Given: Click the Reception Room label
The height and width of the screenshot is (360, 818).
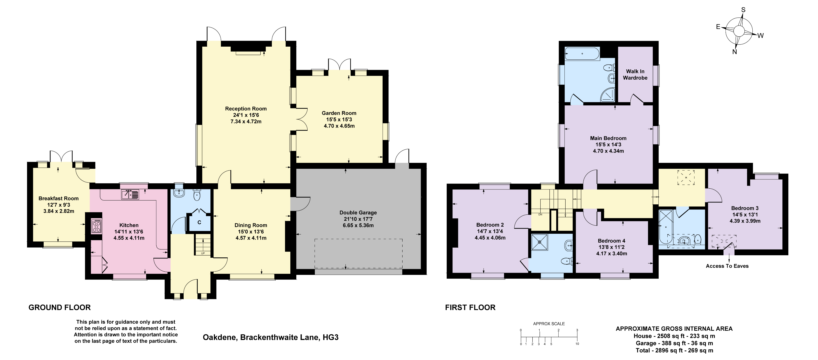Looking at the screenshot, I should (x=246, y=109).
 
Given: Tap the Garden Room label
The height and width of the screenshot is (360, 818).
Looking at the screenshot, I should (x=339, y=113).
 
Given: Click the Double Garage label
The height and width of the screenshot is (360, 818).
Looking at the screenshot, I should (x=358, y=213).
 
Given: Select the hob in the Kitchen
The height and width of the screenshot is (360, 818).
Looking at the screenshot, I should (x=96, y=226).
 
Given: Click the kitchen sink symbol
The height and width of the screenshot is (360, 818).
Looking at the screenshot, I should (x=130, y=194).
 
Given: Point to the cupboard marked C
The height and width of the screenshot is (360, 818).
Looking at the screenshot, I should (x=199, y=222).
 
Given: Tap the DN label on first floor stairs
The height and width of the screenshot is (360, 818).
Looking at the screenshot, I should (x=540, y=215).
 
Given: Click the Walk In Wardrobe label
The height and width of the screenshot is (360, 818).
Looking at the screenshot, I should (x=635, y=75).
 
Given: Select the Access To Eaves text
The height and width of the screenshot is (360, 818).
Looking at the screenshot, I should (x=727, y=266).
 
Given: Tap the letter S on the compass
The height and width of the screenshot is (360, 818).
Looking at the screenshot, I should (x=743, y=10).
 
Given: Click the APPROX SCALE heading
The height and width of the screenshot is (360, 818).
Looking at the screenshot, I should (x=549, y=324).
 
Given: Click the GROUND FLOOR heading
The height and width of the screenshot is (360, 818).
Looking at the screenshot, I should (x=60, y=307).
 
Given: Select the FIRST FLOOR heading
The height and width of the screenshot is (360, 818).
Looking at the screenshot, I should (x=470, y=307).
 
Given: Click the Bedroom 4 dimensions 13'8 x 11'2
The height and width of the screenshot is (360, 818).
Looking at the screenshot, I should (x=611, y=247).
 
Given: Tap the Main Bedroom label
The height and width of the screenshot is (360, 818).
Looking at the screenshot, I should (x=608, y=138).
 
